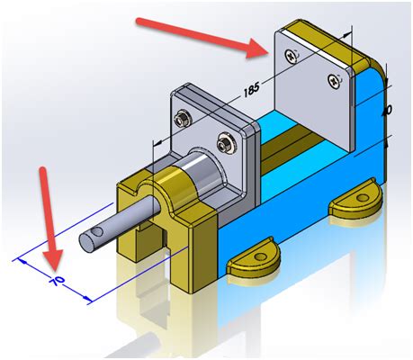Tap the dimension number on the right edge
tap(387, 109)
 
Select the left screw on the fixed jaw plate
tap(289, 57)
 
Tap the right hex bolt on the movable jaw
tap(225, 139)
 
